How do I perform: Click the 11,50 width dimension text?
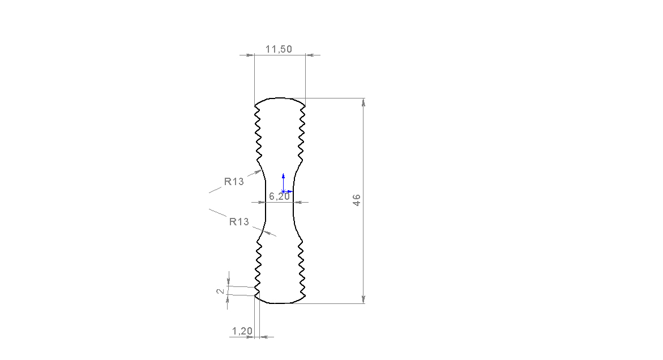[x=279, y=49]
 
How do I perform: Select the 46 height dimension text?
[x=357, y=200]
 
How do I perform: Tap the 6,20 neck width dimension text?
[x=280, y=196]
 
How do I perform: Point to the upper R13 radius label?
[x=234, y=182]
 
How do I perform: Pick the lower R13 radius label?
[x=239, y=222]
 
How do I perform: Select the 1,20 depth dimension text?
[x=242, y=331]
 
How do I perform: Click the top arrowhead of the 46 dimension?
[x=363, y=102]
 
